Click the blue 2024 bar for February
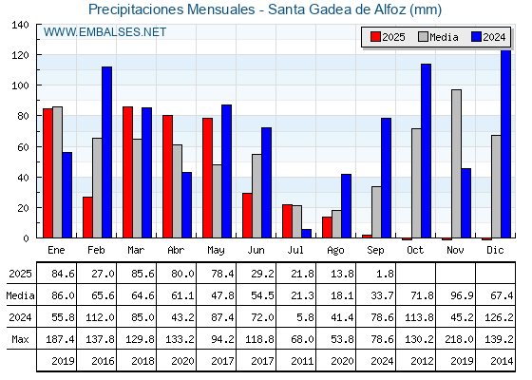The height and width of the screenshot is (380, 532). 106,152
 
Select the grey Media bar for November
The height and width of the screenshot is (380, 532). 456,163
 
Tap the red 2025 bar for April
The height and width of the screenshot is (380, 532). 167,177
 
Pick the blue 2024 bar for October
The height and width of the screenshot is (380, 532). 427,151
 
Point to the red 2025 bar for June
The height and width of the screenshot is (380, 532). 247,216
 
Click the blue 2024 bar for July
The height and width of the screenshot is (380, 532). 306,234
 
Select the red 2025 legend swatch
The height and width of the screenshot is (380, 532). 375,37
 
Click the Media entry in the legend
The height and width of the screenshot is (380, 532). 438,37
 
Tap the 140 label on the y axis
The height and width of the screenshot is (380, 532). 21,25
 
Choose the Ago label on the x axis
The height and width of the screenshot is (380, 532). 335,251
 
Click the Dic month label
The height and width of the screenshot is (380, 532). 495,250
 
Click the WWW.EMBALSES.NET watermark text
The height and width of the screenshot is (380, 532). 104,32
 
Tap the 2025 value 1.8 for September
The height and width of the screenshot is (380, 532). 385,274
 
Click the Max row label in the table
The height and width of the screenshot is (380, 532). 20,339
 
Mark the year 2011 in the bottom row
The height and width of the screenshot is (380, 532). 302,361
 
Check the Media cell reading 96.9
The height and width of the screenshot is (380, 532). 462,295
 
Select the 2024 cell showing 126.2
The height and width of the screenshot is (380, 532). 499,317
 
